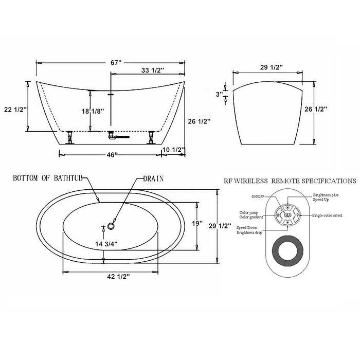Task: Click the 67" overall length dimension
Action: coord(116,62)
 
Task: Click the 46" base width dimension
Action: coord(112,154)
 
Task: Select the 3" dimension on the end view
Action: coord(219,95)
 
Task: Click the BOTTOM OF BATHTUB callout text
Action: coord(50,179)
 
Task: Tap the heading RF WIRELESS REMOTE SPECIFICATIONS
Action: coord(290,181)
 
